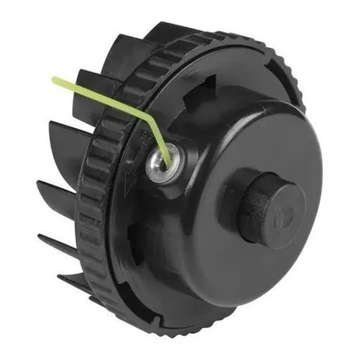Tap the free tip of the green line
coord(54,80)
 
